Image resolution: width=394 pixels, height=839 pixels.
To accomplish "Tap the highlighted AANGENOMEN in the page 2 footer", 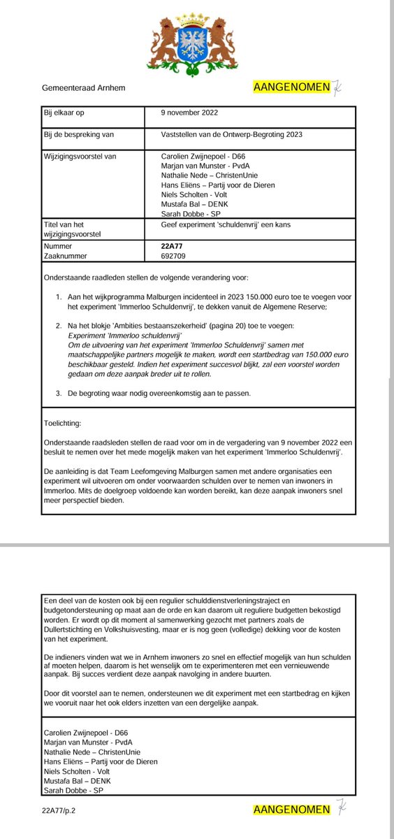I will tap(291, 810).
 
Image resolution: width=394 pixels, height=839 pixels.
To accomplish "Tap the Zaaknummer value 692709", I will tap(173, 257).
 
